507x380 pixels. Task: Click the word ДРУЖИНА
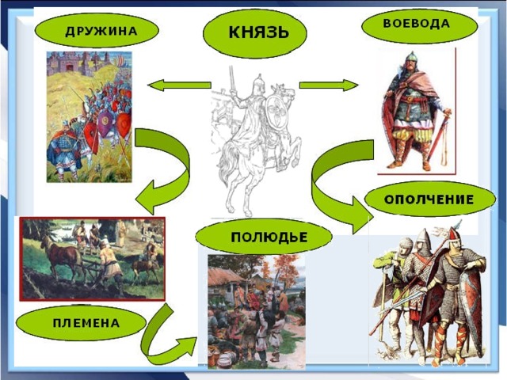click(x=101, y=31)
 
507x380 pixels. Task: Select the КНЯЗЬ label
click(x=258, y=32)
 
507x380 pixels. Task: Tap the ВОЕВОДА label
click(x=416, y=24)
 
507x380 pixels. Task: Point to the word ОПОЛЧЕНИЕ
click(x=429, y=199)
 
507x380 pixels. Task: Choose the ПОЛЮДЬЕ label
click(x=269, y=237)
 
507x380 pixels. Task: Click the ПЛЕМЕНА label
click(x=86, y=323)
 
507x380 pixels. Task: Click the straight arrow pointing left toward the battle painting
click(x=180, y=85)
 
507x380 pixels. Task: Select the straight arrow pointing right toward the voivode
click(x=329, y=85)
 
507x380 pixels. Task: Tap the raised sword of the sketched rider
click(x=231, y=79)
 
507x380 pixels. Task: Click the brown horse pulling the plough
click(x=61, y=255)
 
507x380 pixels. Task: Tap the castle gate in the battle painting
click(x=70, y=66)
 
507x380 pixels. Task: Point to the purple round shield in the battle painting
click(x=105, y=123)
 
